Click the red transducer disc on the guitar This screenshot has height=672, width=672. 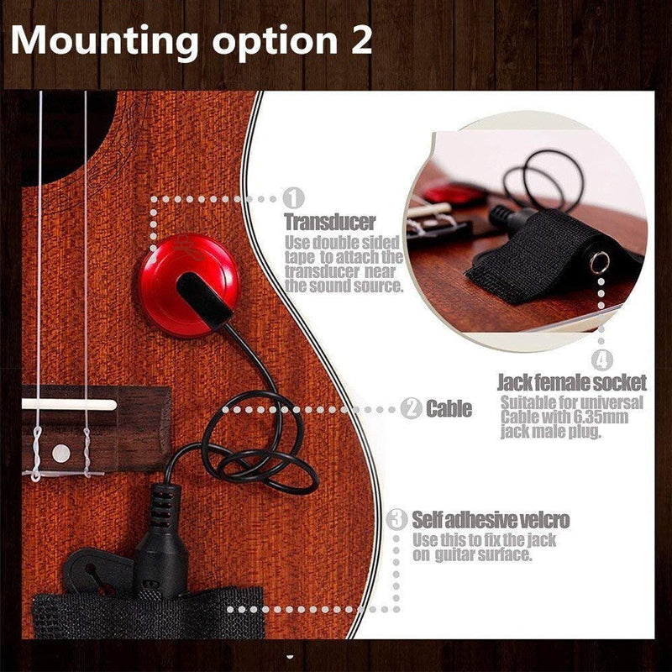[x=189, y=285]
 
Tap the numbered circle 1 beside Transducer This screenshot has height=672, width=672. [x=293, y=198]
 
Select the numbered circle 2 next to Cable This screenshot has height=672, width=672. [x=412, y=408]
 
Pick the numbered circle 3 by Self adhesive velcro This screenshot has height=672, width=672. [x=396, y=519]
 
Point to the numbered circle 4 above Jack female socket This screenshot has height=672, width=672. [x=602, y=360]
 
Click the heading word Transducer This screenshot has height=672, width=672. [x=330, y=222]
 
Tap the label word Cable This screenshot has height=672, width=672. [x=449, y=409]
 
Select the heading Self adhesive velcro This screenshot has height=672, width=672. [x=491, y=520]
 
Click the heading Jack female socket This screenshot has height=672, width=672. [x=572, y=382]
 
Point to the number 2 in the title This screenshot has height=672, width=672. [x=361, y=40]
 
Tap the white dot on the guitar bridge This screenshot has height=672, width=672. [x=60, y=453]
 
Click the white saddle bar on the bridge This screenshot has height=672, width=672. [x=70, y=404]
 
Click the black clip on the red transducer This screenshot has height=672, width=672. [x=204, y=301]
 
